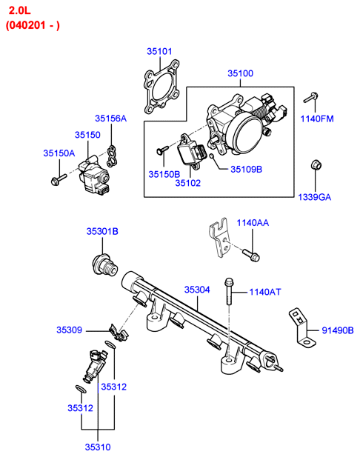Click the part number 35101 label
click(159, 52)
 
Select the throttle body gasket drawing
click(161, 87)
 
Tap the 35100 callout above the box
click(240, 73)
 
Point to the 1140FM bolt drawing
click(310, 98)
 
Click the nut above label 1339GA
click(316, 165)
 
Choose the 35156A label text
click(111, 119)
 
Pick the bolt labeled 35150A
click(59, 179)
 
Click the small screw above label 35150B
click(162, 150)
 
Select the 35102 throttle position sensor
click(191, 151)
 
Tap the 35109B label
click(247, 170)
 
